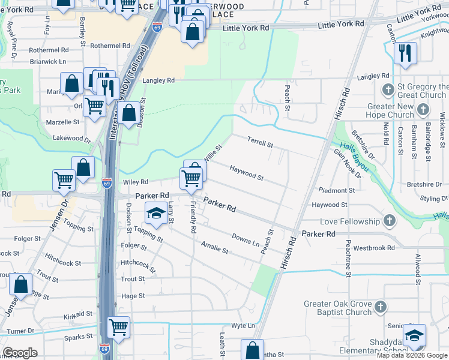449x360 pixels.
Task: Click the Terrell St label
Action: click(x=261, y=142)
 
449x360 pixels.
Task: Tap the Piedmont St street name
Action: click(x=337, y=191)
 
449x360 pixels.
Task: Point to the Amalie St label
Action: click(x=215, y=247)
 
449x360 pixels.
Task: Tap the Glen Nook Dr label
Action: click(x=348, y=164)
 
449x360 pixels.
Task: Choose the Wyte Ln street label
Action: click(x=244, y=325)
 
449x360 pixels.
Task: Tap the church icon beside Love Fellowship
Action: click(x=390, y=221)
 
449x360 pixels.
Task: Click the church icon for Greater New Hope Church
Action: click(x=424, y=109)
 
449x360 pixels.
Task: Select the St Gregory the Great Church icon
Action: click(x=388, y=91)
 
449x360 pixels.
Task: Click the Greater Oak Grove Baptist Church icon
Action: click(x=380, y=308)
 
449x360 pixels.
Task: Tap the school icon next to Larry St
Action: click(x=156, y=213)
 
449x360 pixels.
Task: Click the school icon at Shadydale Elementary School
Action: click(x=414, y=336)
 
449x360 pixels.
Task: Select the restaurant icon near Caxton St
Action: click(x=405, y=53)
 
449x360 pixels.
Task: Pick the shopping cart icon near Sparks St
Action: click(x=119, y=328)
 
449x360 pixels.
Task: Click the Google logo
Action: click(x=20, y=353)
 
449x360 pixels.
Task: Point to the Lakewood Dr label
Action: click(x=71, y=139)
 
